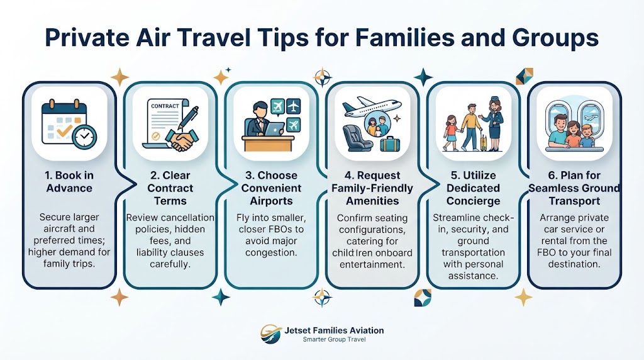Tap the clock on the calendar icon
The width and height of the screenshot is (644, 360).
point(85,137)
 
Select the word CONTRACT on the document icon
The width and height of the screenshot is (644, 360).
point(165,106)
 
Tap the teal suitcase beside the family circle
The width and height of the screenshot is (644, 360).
point(390,143)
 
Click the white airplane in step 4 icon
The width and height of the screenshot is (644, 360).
point(371,106)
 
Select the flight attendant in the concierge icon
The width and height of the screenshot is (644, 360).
point(494,124)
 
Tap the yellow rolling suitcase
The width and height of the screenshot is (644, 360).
point(484,141)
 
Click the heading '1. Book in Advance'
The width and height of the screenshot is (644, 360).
point(69,182)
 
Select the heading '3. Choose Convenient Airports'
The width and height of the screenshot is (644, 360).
point(271,188)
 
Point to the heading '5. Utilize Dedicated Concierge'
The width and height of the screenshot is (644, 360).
point(473,188)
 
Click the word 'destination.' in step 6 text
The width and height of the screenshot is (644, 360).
point(574,264)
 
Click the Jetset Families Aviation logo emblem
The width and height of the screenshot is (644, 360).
point(270,334)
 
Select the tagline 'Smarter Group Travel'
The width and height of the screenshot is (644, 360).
point(334,339)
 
